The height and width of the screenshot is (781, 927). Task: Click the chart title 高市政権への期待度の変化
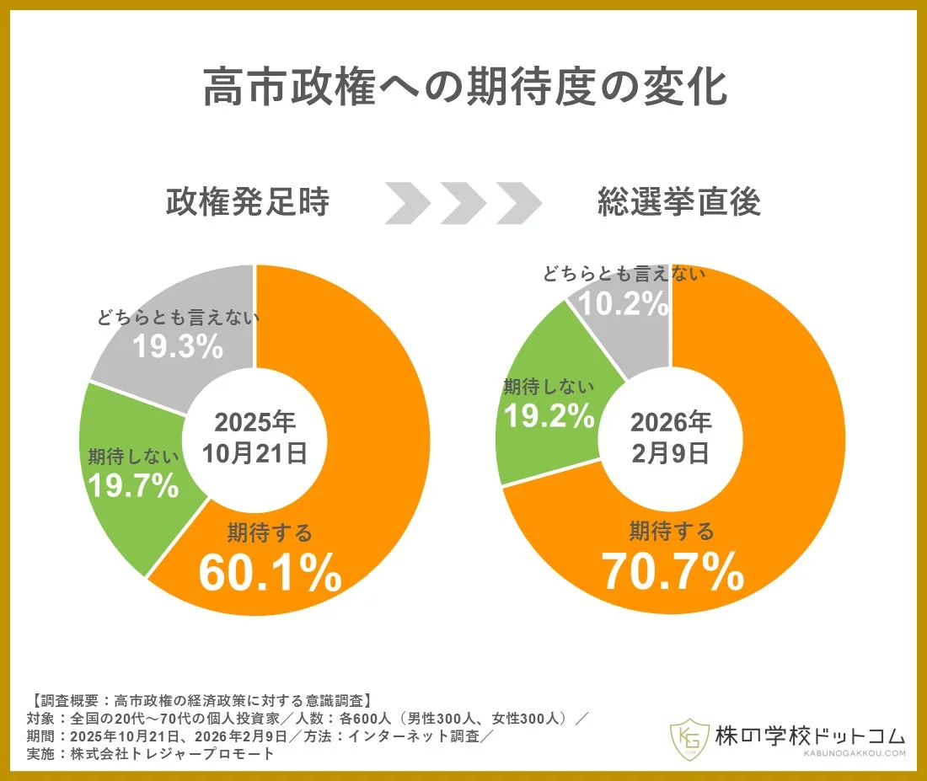click(x=464, y=88)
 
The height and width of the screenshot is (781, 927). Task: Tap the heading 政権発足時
click(x=247, y=202)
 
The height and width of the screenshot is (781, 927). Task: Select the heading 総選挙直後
click(x=679, y=202)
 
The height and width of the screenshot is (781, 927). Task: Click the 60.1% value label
click(x=270, y=572)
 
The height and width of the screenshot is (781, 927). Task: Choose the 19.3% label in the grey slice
click(x=178, y=345)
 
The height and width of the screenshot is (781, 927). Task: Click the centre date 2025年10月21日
click(x=255, y=437)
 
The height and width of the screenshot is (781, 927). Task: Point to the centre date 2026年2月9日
click(x=671, y=437)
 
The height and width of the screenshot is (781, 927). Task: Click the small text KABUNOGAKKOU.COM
click(x=850, y=754)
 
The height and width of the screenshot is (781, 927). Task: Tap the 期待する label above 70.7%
click(x=672, y=532)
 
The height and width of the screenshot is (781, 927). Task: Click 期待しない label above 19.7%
click(x=134, y=457)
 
